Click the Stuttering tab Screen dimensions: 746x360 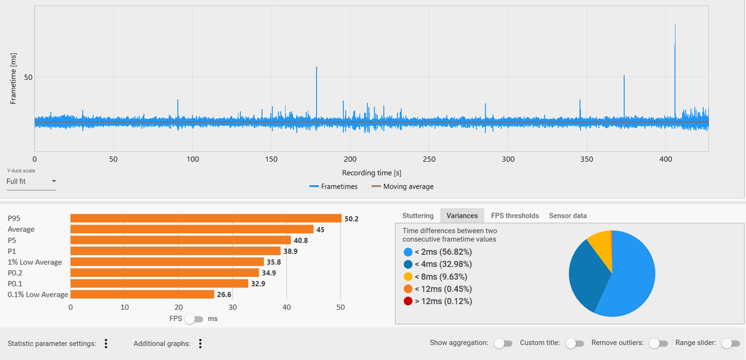[418, 216]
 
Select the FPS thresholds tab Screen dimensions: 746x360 [515, 216]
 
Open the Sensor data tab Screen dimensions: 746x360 [568, 216]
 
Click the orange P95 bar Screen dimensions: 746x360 [206, 218]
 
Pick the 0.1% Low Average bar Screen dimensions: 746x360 [142, 294]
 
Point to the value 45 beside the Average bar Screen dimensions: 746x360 [321, 230]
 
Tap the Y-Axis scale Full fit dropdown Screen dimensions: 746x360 [31, 182]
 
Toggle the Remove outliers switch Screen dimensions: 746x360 [659, 343]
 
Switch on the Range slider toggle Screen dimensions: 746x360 [731, 343]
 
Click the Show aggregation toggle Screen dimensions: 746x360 [503, 343]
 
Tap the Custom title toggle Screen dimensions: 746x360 [575, 343]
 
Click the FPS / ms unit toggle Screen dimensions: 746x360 [194, 319]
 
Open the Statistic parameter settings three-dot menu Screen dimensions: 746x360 [106, 343]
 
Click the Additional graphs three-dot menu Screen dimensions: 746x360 [200, 343]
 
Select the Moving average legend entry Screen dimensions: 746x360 [403, 186]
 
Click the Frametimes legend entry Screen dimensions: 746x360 [333, 186]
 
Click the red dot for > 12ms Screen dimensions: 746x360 [408, 301]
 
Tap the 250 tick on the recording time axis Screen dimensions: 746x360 [429, 160]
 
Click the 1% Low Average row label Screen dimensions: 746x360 [34, 262]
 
